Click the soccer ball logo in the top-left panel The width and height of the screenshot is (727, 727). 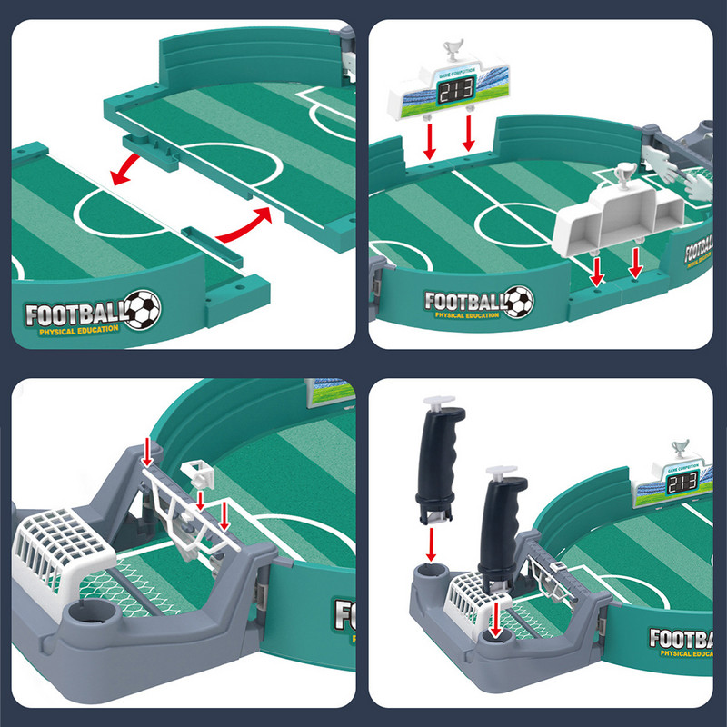pos(142,309)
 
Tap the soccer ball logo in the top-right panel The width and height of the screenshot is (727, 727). pos(520,300)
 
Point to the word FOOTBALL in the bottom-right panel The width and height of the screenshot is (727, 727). pos(687,639)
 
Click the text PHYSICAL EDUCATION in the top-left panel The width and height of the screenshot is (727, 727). pos(78,329)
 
